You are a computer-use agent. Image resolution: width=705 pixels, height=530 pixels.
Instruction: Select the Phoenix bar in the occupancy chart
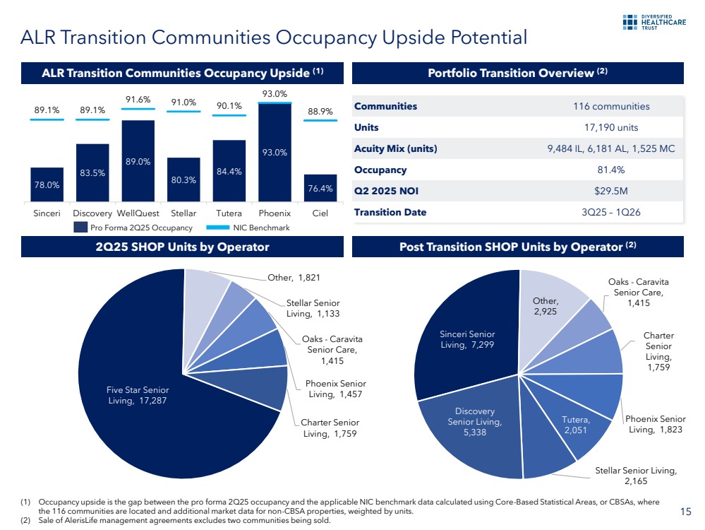coord(275,152)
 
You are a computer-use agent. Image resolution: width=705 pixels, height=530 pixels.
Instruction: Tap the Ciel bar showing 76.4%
coord(320,188)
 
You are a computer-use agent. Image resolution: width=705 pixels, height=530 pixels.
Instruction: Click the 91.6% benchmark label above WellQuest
coord(138,100)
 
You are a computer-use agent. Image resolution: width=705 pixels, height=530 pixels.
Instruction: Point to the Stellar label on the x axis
coord(183,213)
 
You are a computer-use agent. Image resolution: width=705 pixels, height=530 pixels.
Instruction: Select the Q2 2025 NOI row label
coord(381,191)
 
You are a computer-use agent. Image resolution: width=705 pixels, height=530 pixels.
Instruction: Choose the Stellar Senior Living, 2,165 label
coord(636,476)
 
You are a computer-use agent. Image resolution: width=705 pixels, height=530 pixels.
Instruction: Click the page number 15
coord(685,512)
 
